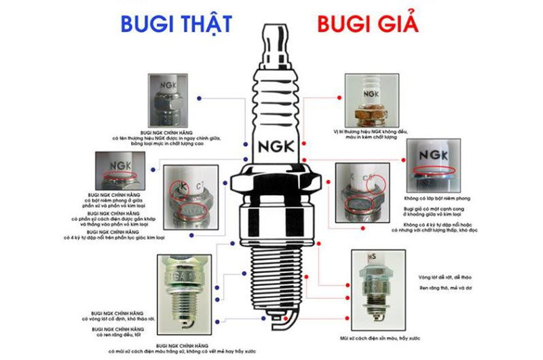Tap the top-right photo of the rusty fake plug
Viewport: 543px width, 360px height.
370,99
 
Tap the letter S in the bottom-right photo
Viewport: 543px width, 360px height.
373,257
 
